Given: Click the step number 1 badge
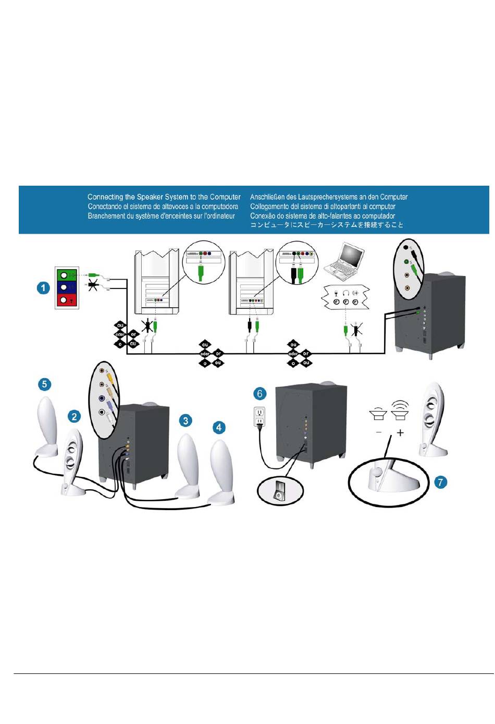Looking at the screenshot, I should click(43, 287).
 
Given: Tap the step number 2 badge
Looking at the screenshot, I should click(75, 416).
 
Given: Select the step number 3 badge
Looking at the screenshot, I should click(185, 420).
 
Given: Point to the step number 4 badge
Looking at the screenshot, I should click(219, 427).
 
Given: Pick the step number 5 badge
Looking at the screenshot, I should click(44, 384).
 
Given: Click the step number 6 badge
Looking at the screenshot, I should click(259, 394).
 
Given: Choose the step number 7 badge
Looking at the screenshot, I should click(440, 482).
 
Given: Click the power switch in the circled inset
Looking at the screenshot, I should click(280, 490).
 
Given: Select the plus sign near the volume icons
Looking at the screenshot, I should click(400, 432).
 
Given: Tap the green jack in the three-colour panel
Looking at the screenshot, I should click(64, 275).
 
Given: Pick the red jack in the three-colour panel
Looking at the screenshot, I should click(64, 300).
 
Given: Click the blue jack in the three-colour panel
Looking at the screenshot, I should click(64, 287).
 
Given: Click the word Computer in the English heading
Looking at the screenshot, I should click(225, 197).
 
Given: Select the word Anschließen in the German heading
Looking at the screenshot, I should click(269, 197).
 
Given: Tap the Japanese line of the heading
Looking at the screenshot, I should click(327, 225).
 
